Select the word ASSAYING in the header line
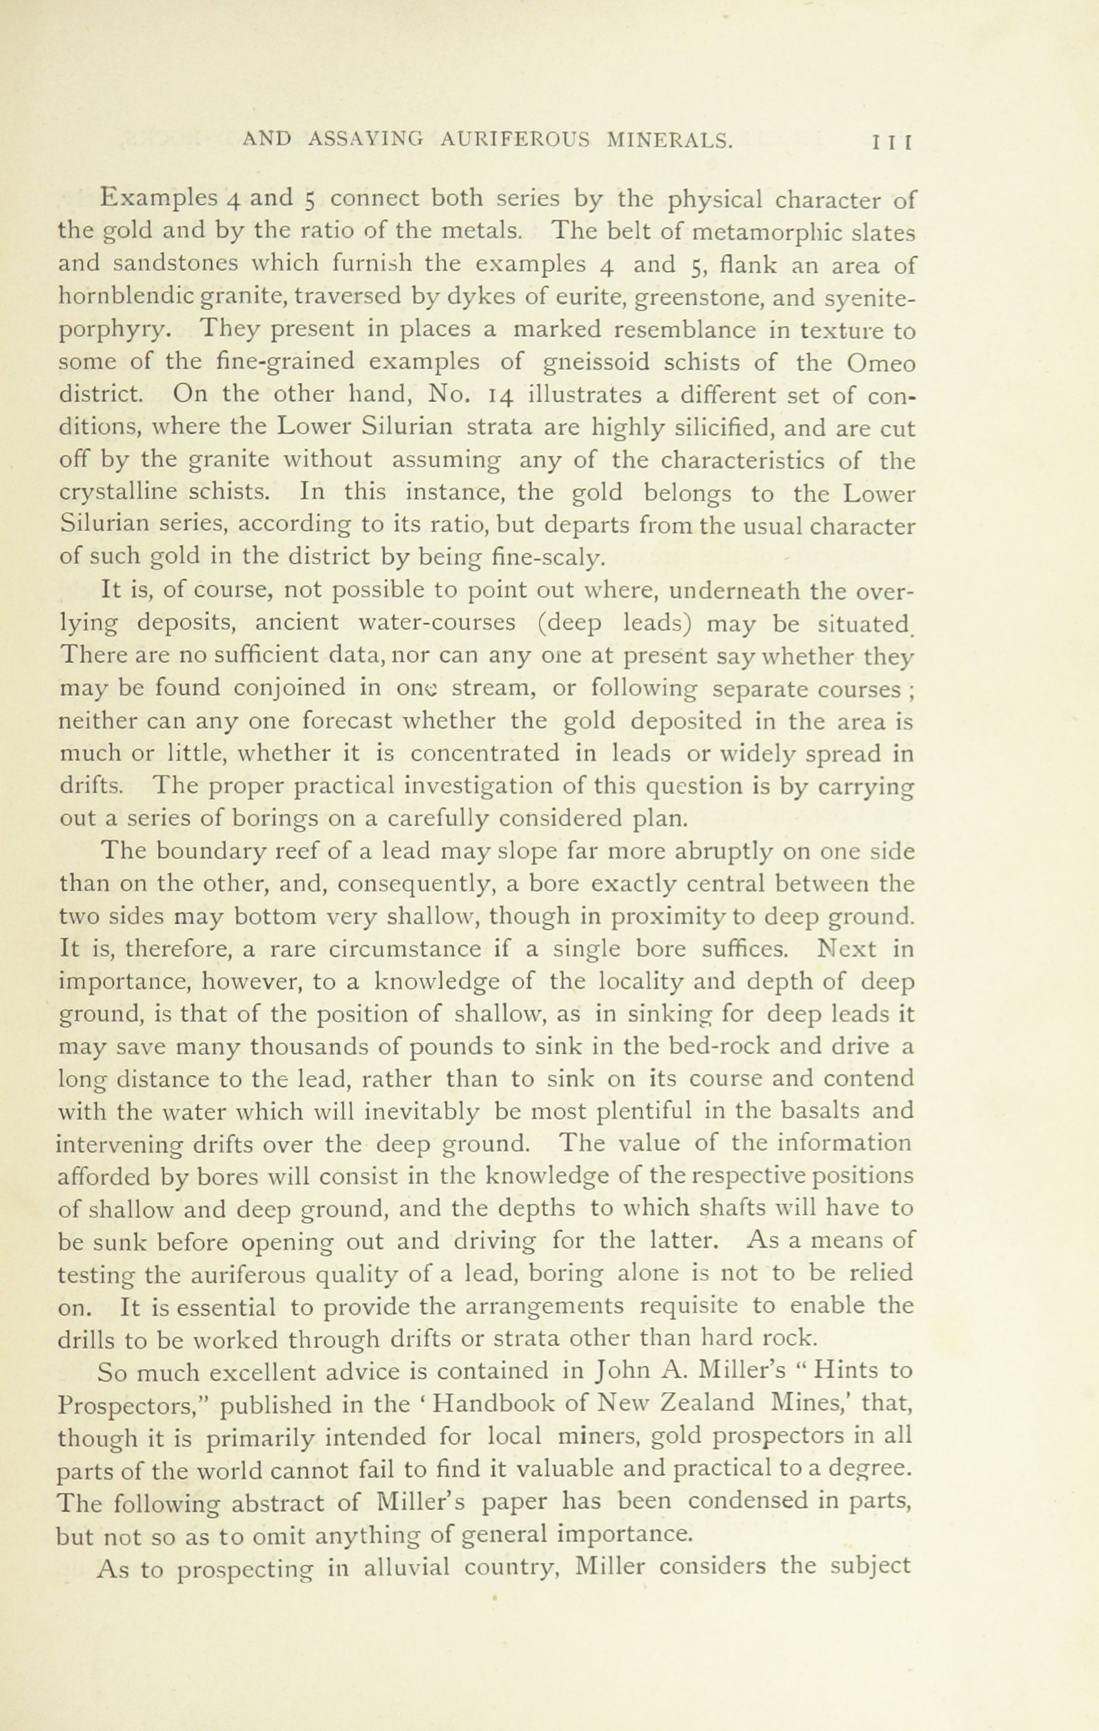(365, 140)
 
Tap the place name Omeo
(880, 363)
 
